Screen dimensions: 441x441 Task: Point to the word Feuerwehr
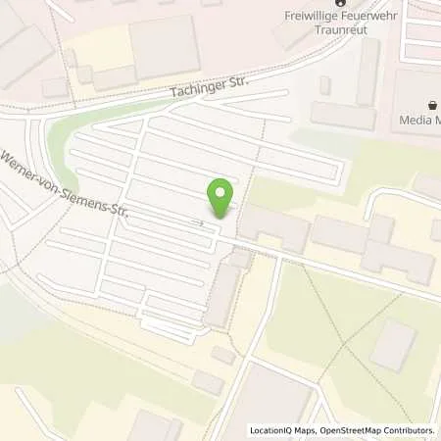pyautogui.click(x=379, y=14)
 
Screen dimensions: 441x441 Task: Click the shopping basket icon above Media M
pyautogui.click(x=430, y=104)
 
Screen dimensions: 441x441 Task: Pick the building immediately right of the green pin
pyautogui.click(x=273, y=226)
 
